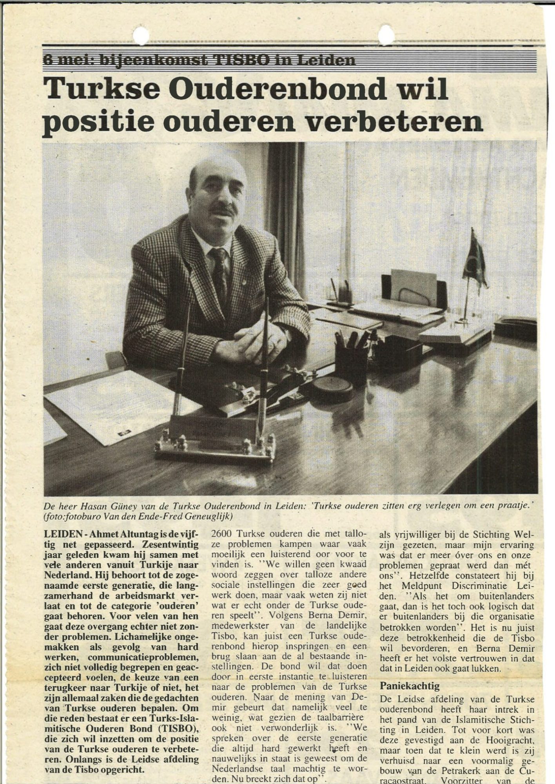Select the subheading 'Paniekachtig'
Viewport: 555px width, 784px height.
tap(410, 686)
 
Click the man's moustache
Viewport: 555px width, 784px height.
tap(223, 211)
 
